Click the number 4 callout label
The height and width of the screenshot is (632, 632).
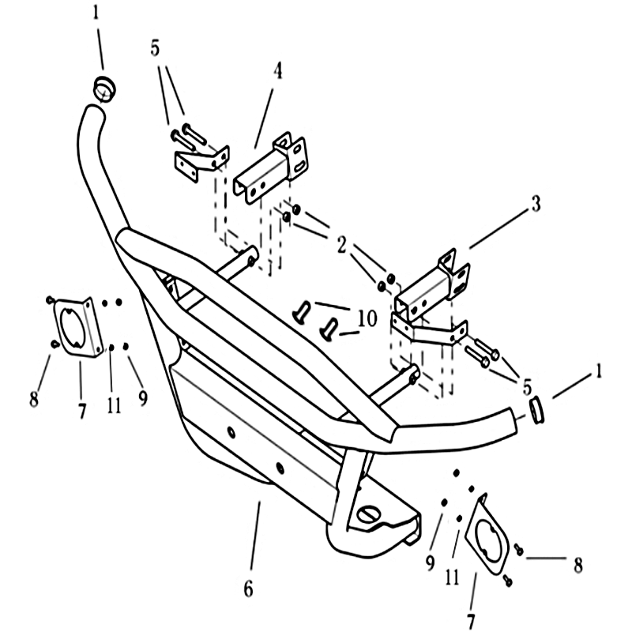tap(278, 72)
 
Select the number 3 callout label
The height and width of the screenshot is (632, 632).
tap(535, 206)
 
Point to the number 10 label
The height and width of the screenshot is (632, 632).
tap(367, 320)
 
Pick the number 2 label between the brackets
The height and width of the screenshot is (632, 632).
tap(341, 245)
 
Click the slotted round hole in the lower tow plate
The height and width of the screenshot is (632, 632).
tap(369, 513)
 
